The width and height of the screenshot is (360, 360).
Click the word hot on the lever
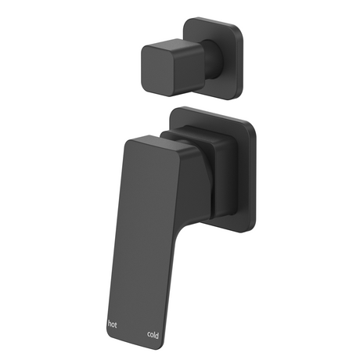point(112,325)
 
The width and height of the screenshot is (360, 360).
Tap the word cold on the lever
point(153,335)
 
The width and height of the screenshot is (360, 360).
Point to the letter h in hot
point(110,324)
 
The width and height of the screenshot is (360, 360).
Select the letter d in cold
point(157,335)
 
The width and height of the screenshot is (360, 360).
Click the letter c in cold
point(149,335)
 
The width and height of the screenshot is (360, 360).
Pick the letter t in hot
point(116,325)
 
